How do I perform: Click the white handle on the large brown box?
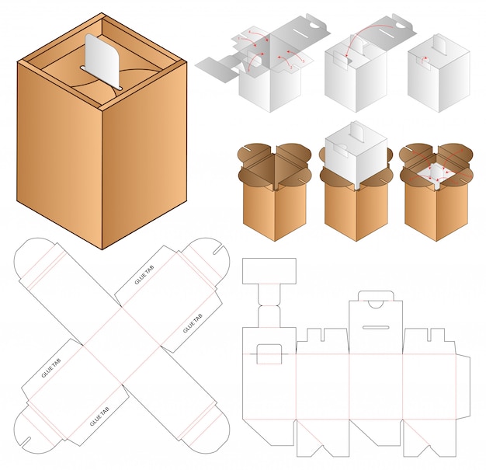click(x=102, y=61)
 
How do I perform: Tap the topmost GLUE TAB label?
click(x=144, y=275)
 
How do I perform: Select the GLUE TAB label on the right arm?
click(x=193, y=323)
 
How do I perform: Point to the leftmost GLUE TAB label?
click(x=51, y=368)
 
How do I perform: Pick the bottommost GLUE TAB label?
click(x=100, y=416)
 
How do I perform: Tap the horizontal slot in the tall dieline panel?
click(x=376, y=327)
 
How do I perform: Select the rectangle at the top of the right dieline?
click(x=269, y=271)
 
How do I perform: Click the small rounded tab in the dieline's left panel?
click(x=269, y=354)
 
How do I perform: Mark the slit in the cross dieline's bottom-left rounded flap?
click(x=26, y=442)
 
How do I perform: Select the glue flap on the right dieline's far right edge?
click(x=463, y=388)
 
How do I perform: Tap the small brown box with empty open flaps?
click(x=274, y=191)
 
